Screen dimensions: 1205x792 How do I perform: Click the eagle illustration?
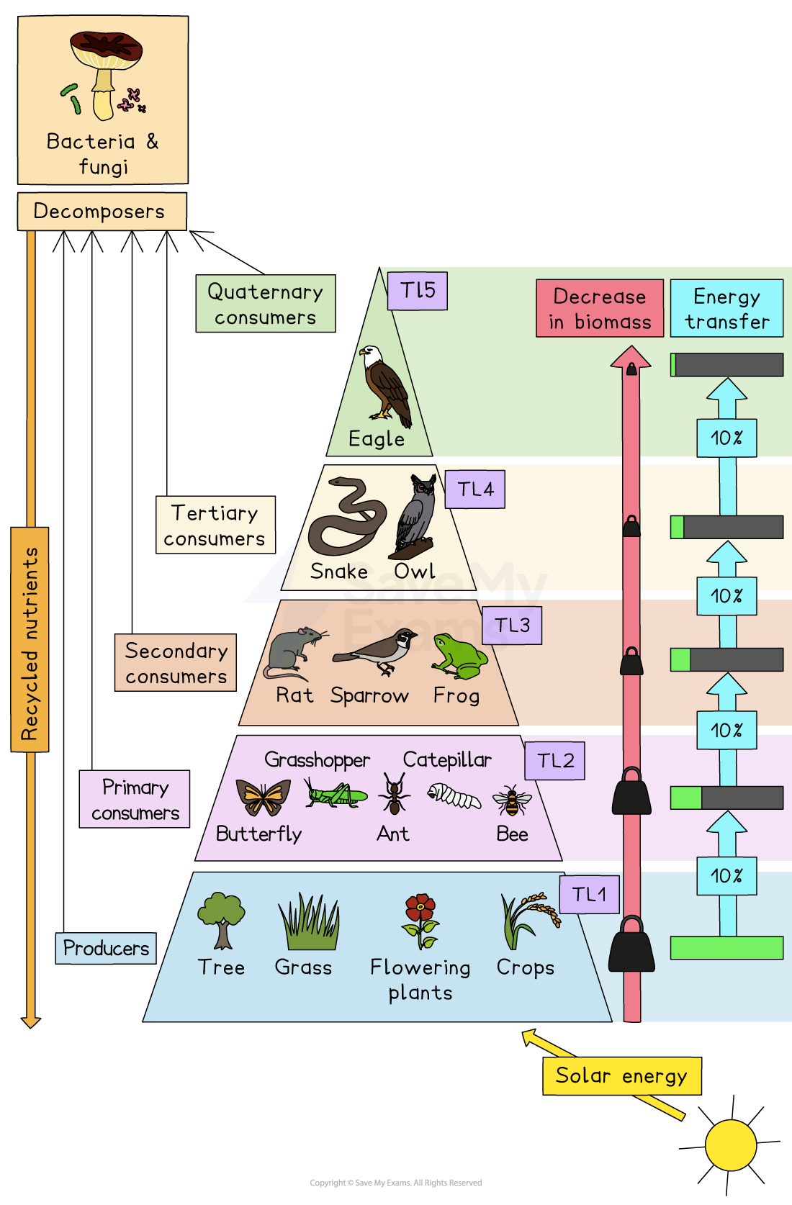385,384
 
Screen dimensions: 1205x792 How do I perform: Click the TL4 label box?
474,489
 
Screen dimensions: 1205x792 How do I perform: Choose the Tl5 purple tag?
418,291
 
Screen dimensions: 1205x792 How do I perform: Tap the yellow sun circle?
730,1145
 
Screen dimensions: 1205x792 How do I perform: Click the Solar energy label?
621,1076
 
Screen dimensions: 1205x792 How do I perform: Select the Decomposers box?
101,212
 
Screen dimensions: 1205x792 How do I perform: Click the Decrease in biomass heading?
600,309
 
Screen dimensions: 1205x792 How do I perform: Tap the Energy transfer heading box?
726,309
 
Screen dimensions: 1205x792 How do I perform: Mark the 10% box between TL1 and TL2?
726,876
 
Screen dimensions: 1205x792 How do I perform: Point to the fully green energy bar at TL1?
726,948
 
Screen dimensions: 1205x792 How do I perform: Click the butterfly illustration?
264,798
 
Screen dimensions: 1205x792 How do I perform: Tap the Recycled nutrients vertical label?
30,639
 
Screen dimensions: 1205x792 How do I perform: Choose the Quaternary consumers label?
266,304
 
